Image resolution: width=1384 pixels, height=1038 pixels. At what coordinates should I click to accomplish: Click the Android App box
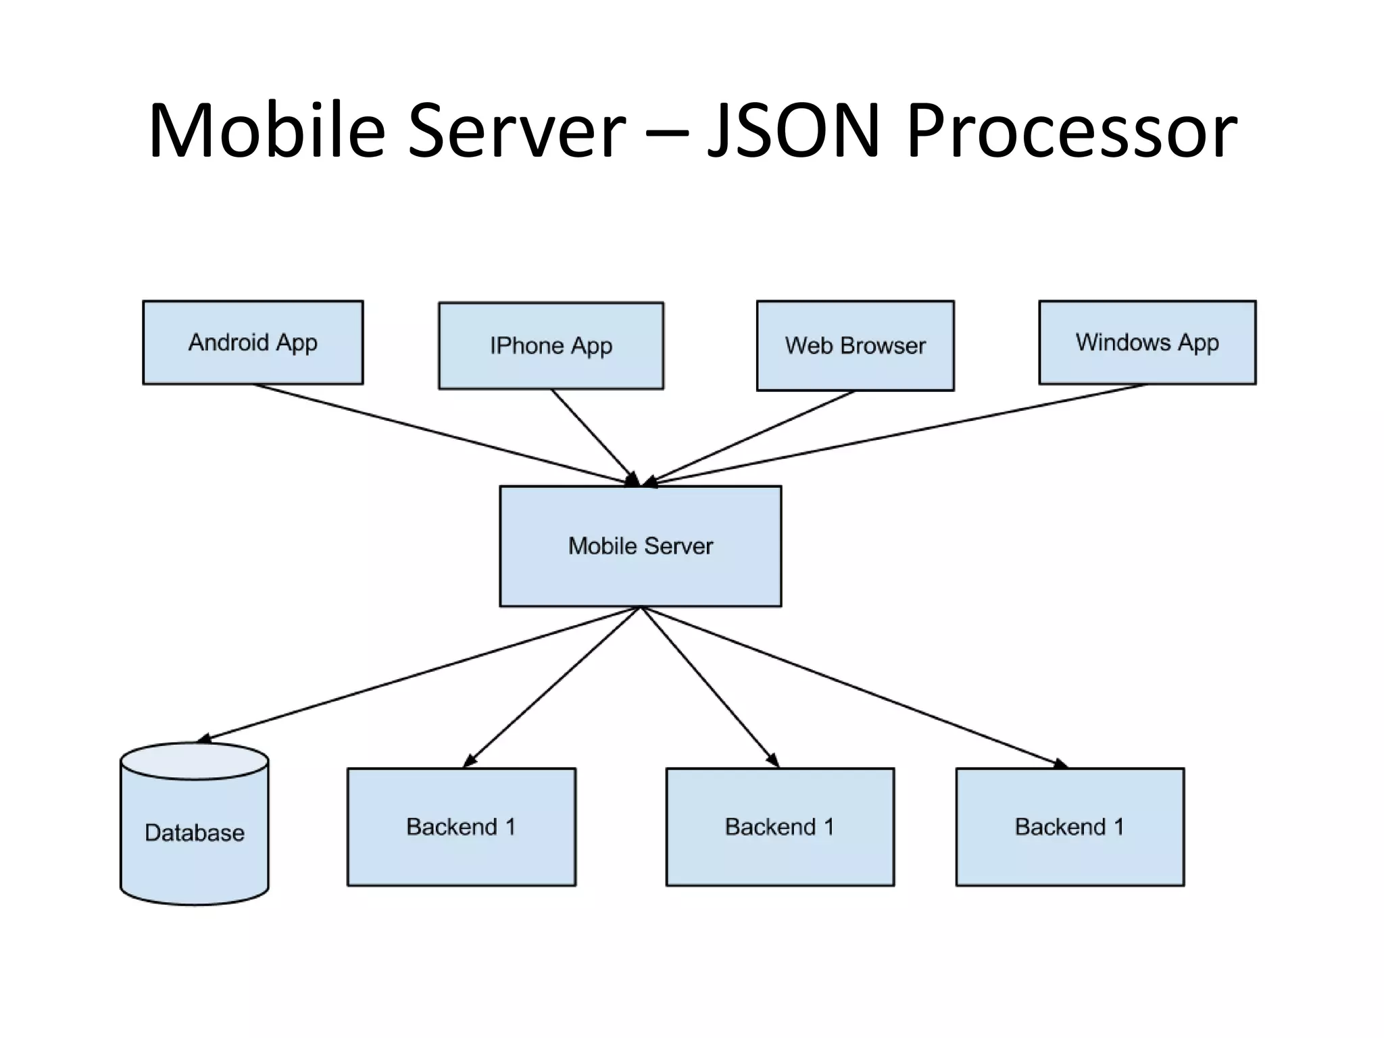click(x=253, y=343)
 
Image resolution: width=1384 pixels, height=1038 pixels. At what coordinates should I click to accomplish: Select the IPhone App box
click(x=551, y=345)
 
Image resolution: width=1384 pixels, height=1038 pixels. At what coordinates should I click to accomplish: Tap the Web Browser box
click(x=855, y=345)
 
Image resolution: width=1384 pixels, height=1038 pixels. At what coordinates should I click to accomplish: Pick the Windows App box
click(x=1147, y=342)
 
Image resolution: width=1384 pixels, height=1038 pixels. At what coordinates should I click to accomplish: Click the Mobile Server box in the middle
click(x=640, y=545)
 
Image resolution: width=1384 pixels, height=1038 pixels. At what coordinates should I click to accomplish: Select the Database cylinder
click(x=195, y=838)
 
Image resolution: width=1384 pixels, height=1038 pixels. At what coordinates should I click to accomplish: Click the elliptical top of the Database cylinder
click(x=195, y=761)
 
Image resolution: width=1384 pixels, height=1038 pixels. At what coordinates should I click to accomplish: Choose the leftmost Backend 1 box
click(x=461, y=826)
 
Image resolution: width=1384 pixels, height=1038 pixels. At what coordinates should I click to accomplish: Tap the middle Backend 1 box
click(x=780, y=826)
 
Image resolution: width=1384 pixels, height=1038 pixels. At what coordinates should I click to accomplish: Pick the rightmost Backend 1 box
click(x=1070, y=826)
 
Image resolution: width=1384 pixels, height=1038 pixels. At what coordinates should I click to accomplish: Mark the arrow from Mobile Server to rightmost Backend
click(x=855, y=687)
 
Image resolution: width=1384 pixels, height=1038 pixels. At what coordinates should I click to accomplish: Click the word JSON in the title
click(x=795, y=130)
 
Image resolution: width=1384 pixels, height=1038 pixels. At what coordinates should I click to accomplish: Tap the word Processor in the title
click(x=1072, y=130)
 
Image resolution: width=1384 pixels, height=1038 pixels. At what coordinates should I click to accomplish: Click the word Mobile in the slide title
click(x=267, y=130)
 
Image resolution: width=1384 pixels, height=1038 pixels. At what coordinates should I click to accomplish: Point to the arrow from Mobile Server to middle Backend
click(x=710, y=687)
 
